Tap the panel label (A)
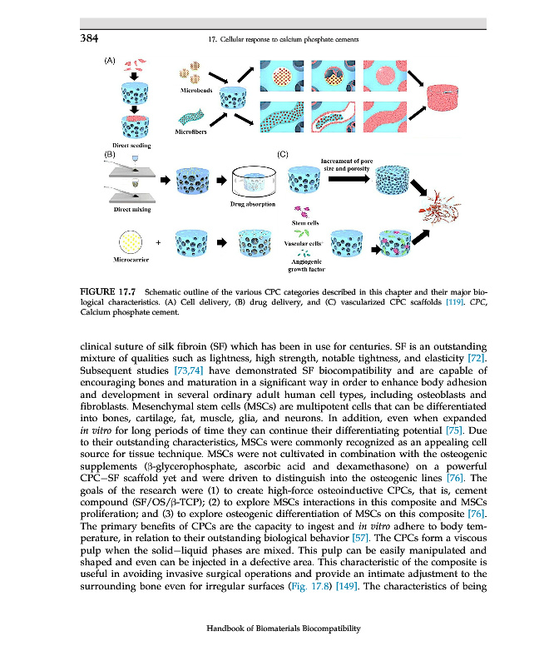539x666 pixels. point(109,61)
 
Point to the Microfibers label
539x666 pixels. point(191,132)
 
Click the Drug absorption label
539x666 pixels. point(250,204)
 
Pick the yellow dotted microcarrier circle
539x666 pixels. point(135,241)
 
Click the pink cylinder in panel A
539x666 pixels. point(449,104)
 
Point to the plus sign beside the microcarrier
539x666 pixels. point(159,242)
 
